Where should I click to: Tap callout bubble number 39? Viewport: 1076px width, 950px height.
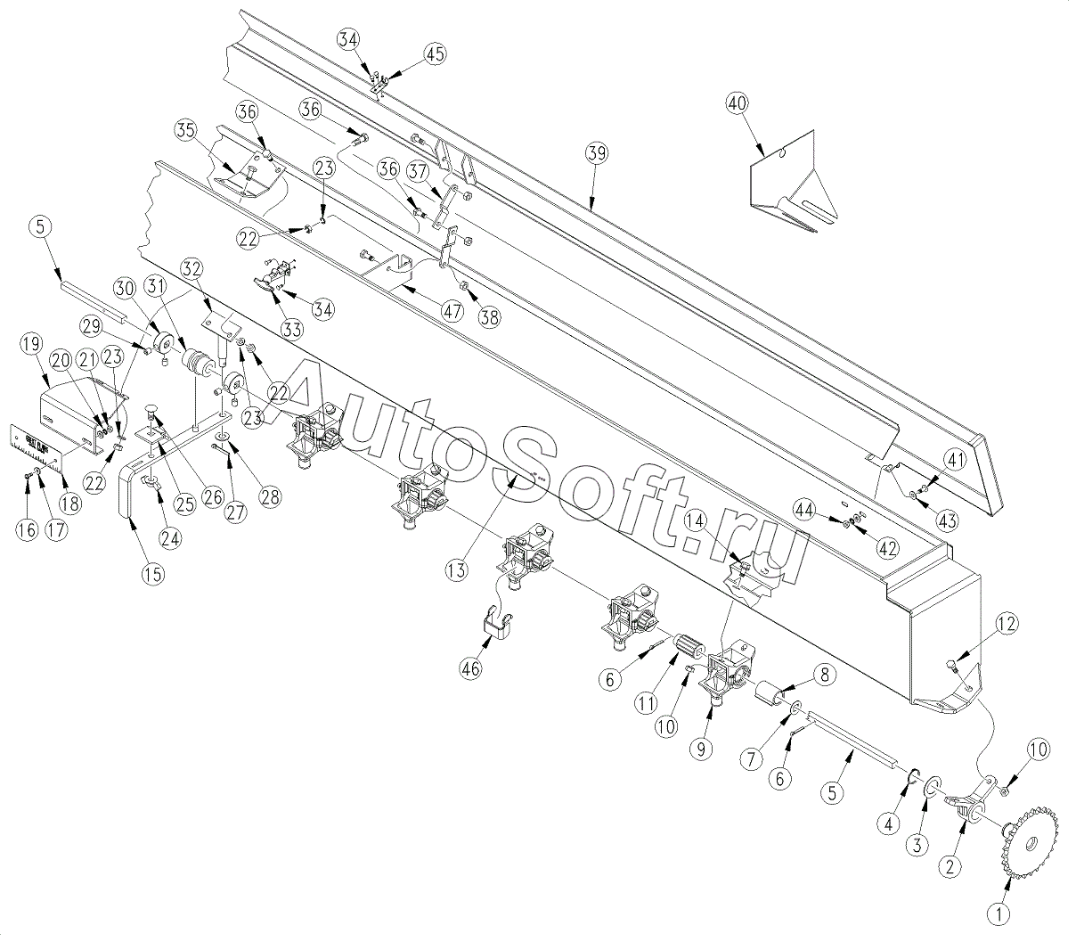click(x=596, y=152)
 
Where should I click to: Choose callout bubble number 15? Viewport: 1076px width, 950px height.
click(x=153, y=574)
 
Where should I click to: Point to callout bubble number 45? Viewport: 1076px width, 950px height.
click(x=435, y=54)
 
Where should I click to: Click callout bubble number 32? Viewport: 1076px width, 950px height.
click(x=192, y=266)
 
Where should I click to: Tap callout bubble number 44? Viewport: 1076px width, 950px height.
click(x=805, y=510)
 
